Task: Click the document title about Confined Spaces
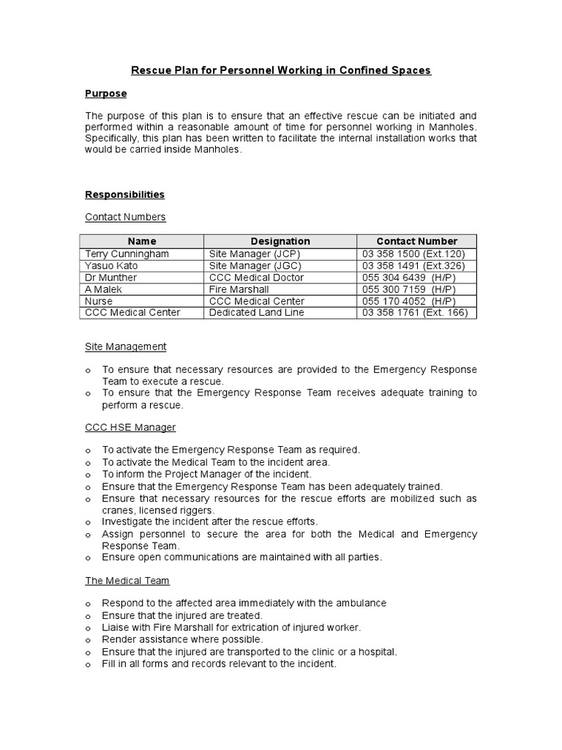pos(281,70)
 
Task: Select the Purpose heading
pos(105,94)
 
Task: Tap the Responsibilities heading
pos(124,194)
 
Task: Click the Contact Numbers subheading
pos(125,217)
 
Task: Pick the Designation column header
pos(280,241)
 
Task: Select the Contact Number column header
pos(416,241)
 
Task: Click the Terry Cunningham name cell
pos(127,253)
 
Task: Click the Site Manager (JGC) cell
pos(255,265)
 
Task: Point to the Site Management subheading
pos(125,346)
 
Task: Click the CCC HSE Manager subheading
pos(130,427)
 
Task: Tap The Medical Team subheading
pos(127,580)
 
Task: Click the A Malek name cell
pos(103,289)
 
